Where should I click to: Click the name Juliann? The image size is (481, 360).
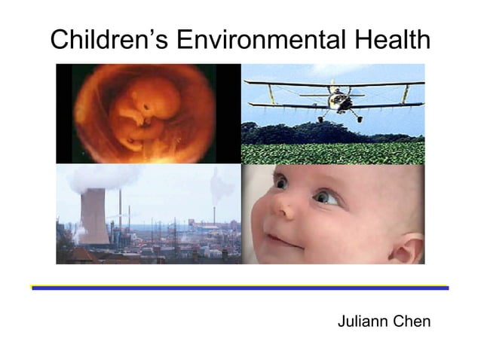[363, 322]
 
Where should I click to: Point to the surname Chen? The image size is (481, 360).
[413, 322]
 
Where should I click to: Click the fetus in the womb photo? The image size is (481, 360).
[143, 113]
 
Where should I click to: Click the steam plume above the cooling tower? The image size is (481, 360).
[98, 179]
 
